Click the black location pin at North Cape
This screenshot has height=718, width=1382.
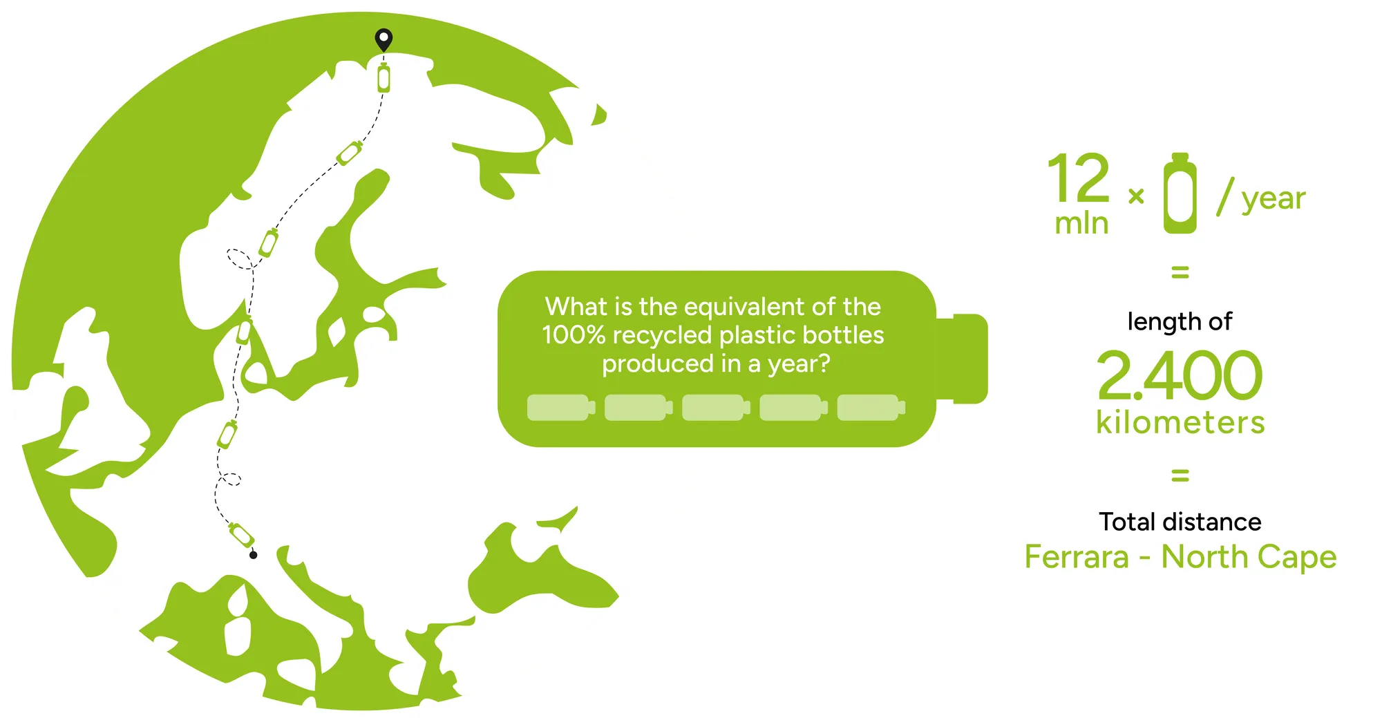384,39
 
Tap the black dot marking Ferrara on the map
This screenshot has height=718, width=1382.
254,555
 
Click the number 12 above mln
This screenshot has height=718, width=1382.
1079,178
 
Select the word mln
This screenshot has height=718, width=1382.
1081,223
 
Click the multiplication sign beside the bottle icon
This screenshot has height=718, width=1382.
1136,197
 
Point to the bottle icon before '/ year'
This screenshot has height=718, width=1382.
1180,193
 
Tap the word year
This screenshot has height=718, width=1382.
1274,200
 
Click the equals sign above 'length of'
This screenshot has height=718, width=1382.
1180,272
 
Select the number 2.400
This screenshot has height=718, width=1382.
1180,375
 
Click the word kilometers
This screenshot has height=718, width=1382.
1180,422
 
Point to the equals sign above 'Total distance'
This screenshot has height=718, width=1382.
1180,475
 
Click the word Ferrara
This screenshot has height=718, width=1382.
1077,556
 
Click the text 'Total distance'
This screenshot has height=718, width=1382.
1180,522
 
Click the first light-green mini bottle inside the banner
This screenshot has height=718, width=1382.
561,408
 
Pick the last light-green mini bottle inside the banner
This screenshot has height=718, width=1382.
871,408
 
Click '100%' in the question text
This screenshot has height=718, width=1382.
574,335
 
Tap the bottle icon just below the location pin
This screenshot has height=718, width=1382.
384,77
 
